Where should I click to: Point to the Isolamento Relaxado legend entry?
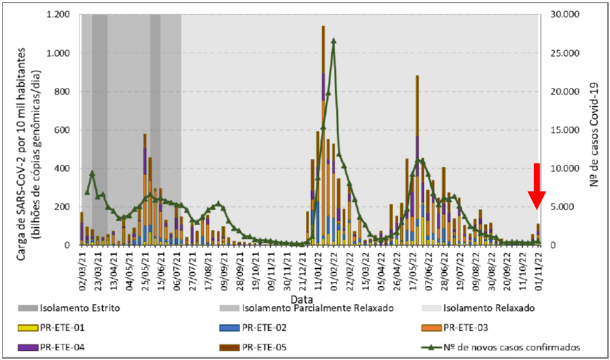coord(488,307)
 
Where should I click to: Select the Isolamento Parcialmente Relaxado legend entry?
coord(316,307)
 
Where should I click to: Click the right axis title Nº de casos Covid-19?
coord(594,130)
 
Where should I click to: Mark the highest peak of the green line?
coord(333,41)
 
